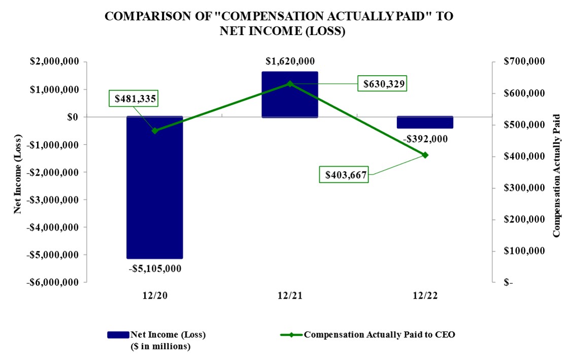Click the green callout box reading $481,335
[x=133, y=98]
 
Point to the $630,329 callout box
[x=382, y=84]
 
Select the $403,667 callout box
[x=347, y=175]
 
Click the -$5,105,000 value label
[x=155, y=268]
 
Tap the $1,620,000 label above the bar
[x=290, y=61]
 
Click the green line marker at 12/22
[x=425, y=155]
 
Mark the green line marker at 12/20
[x=155, y=130]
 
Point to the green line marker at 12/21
[x=290, y=84]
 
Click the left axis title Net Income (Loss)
[x=18, y=172]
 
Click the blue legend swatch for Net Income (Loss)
[x=118, y=335]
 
